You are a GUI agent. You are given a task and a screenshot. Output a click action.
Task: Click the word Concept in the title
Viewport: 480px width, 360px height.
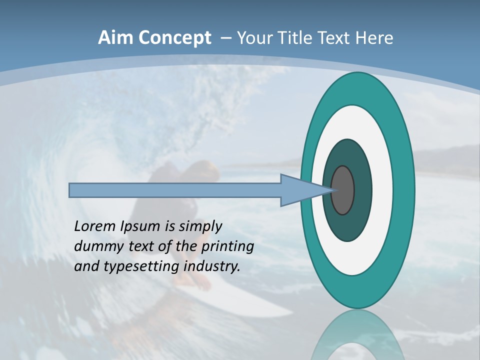174,38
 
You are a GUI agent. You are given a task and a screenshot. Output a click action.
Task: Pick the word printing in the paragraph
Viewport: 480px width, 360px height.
227,246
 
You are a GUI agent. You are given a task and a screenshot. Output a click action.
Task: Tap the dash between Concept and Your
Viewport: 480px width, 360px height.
225,38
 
